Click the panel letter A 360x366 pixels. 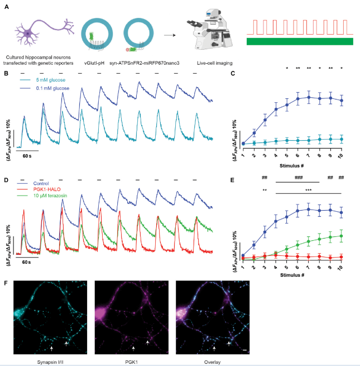coord(6,6)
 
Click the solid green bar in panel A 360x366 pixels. coord(302,42)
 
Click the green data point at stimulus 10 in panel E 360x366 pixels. coord(341,235)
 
